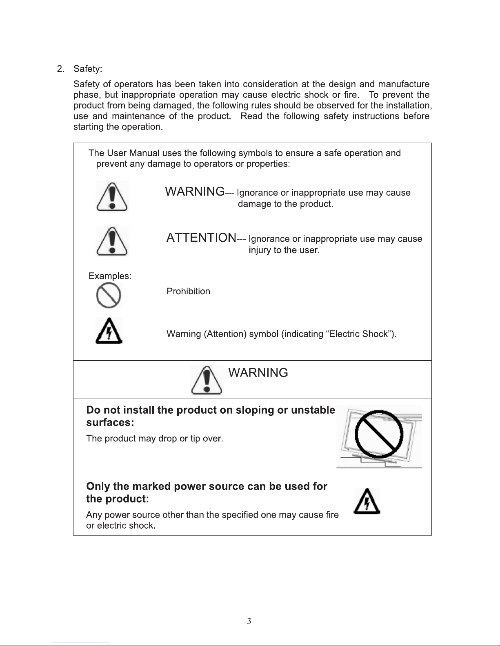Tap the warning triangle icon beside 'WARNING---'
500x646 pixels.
point(112,196)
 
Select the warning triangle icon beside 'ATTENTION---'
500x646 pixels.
point(112,241)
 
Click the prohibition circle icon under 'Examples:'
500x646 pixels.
point(109,295)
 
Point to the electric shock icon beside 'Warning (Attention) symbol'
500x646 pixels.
point(109,331)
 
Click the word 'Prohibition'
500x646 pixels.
point(188,291)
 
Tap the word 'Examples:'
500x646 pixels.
point(110,276)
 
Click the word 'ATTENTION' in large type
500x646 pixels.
point(201,238)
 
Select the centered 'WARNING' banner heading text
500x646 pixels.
point(258,373)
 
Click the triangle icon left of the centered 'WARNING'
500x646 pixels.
point(207,379)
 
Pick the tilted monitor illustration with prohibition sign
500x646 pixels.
point(379,437)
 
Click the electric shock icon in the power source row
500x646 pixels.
point(367,501)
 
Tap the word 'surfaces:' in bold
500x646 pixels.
point(110,422)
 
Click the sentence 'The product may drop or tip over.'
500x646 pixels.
point(155,439)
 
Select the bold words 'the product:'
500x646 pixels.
point(117,499)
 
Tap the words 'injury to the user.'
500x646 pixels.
point(284,250)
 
